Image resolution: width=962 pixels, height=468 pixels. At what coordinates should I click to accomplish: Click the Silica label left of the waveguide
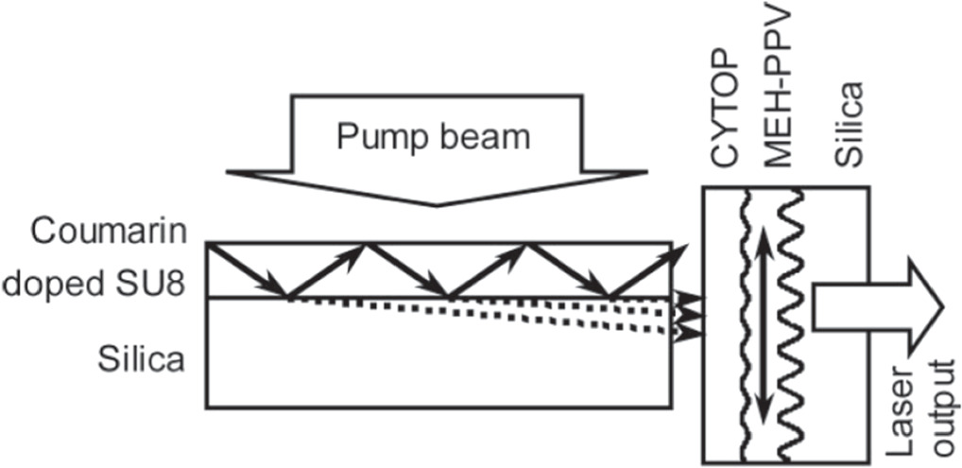click(140, 358)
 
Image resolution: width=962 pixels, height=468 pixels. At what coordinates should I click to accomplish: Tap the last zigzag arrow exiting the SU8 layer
click(646, 269)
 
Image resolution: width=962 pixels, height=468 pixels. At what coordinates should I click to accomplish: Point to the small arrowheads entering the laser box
click(689, 316)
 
